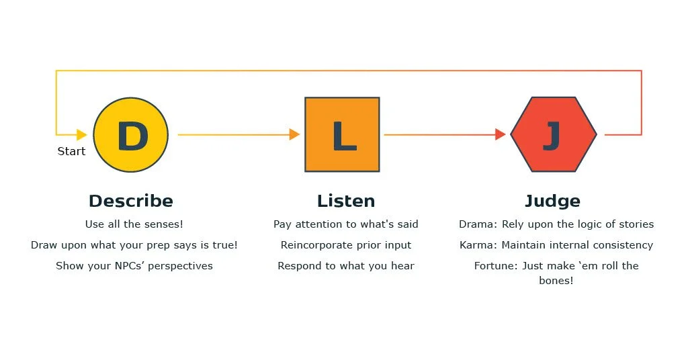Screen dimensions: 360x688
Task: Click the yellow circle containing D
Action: click(x=130, y=135)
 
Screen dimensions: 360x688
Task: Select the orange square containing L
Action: click(x=342, y=134)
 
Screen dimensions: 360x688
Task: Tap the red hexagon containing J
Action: click(x=553, y=134)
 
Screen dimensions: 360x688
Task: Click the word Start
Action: click(x=71, y=151)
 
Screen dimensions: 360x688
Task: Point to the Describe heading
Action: click(x=131, y=201)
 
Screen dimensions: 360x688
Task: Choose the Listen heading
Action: click(x=346, y=201)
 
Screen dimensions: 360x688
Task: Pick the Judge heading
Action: click(x=552, y=201)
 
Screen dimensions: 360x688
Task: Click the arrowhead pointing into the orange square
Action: click(x=294, y=134)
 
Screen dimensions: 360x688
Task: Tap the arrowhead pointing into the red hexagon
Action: click(x=500, y=134)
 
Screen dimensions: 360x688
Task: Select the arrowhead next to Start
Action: click(x=82, y=134)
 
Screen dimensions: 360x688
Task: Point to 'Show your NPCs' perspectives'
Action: click(x=134, y=266)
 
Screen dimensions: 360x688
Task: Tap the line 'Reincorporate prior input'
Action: click(x=346, y=245)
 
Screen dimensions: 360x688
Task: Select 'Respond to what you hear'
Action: click(x=346, y=266)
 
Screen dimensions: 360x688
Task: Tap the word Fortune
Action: click(x=495, y=266)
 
